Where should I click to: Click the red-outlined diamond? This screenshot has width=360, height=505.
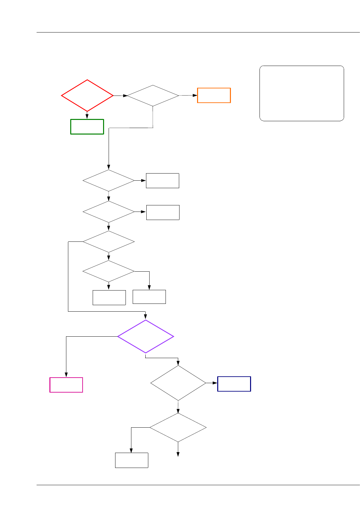(87, 96)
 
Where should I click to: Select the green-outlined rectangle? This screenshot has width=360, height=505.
(87, 126)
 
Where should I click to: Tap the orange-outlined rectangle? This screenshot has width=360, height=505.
(214, 95)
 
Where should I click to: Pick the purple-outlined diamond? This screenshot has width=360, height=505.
(145, 336)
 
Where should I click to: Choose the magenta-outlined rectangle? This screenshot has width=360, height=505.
(66, 385)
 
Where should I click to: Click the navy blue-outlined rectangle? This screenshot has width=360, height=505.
(234, 384)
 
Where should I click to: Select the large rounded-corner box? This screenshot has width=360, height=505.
(301, 93)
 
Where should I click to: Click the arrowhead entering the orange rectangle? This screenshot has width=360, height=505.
(195, 95)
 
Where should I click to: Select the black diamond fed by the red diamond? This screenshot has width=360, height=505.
(153, 96)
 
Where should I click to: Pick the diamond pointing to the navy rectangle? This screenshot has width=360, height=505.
(178, 383)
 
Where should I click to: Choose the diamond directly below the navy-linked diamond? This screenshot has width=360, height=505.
(178, 427)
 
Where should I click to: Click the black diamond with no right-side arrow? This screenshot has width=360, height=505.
(109, 242)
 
